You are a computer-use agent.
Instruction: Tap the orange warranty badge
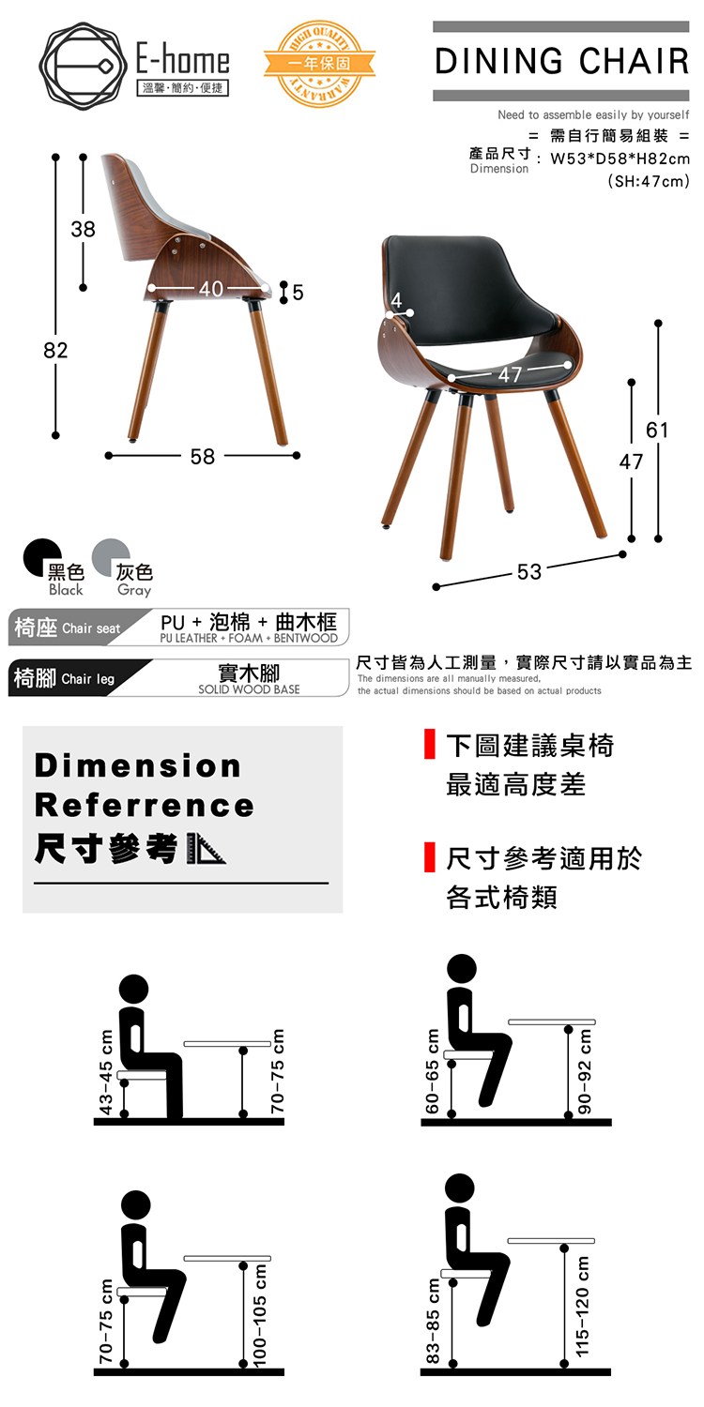319,63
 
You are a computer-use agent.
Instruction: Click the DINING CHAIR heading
561,61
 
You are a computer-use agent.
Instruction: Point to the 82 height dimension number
55,350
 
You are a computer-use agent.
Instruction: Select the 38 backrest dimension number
83,229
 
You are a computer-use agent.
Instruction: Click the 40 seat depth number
211,288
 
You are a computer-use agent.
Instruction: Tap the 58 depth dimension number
203,457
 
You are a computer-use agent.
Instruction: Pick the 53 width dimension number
529,571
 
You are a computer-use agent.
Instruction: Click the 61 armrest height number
657,431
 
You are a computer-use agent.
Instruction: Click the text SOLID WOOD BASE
249,689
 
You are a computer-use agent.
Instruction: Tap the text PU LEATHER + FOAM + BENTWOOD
249,638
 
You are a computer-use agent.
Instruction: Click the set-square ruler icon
207,849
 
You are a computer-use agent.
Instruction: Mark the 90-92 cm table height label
585,1070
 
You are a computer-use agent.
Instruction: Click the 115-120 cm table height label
582,1306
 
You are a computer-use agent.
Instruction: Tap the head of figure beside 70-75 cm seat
135,1205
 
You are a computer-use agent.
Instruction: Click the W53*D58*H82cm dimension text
620,159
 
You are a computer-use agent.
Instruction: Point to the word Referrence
145,806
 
